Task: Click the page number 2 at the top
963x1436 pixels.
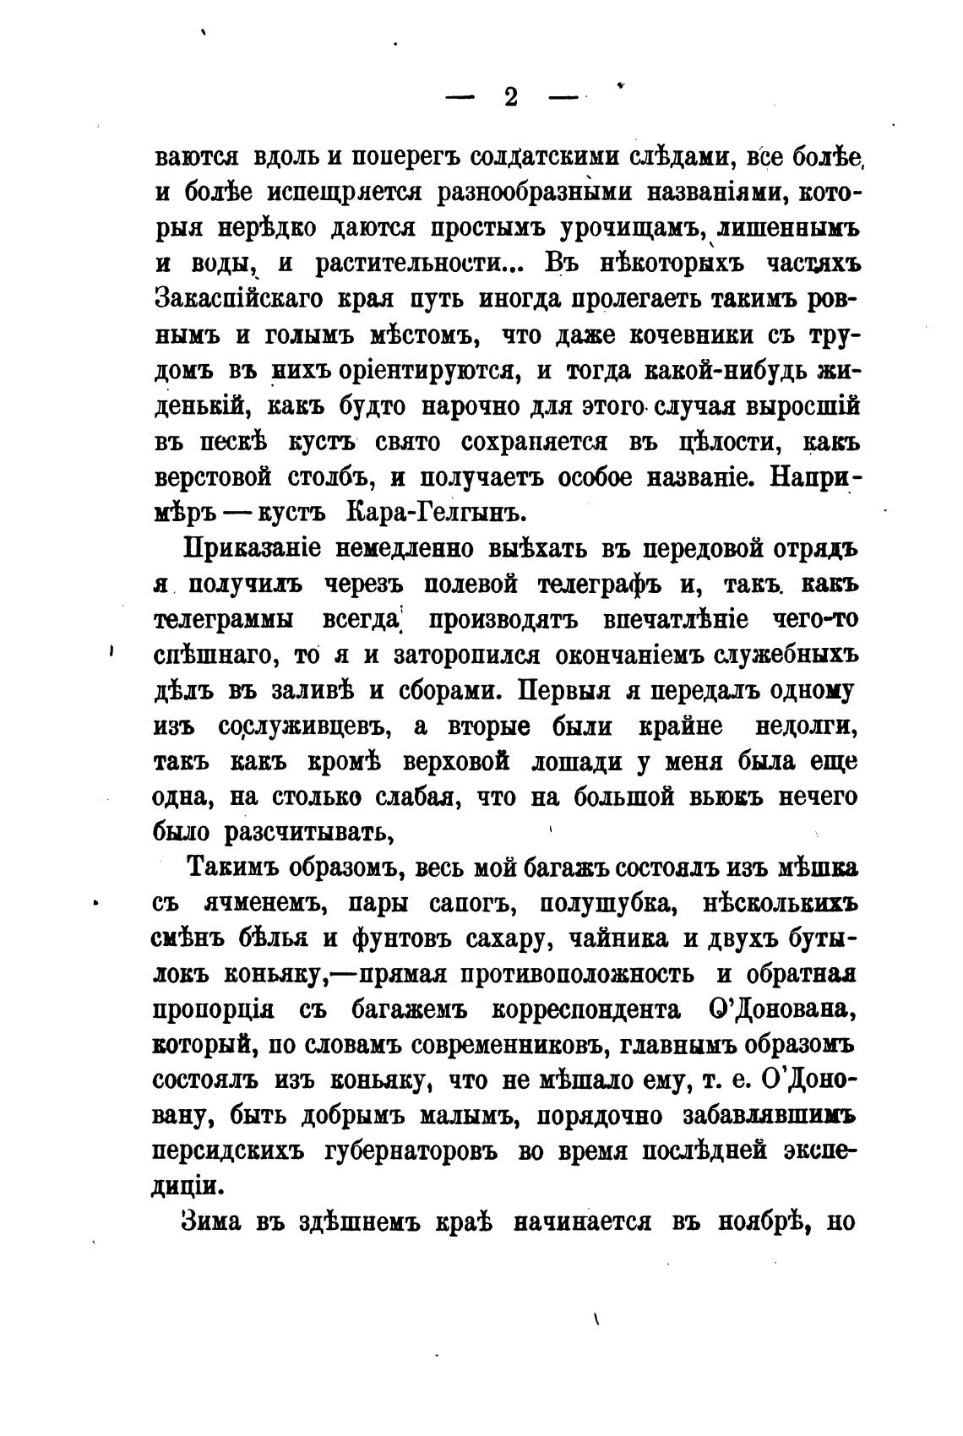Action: click(510, 97)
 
